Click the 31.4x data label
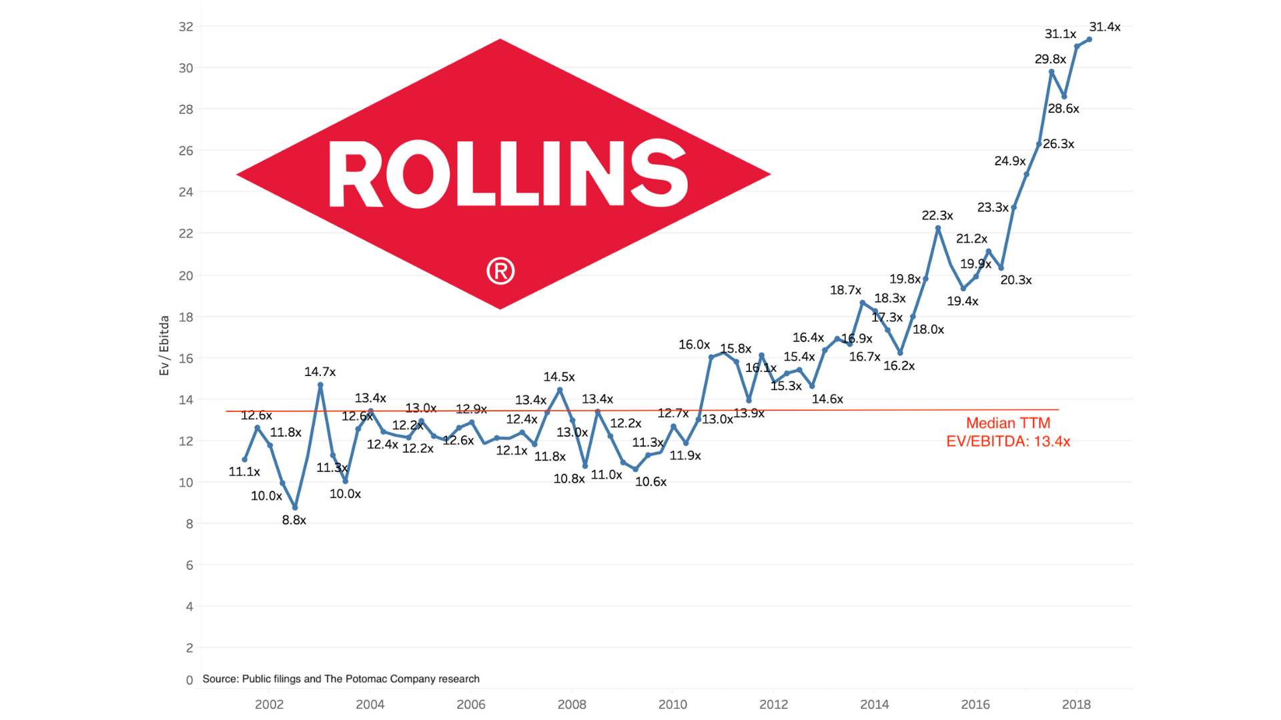1104,27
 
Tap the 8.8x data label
294,520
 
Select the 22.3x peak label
937,215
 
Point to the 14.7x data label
320,372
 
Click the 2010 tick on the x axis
673,704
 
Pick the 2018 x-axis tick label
1076,704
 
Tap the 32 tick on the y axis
185,27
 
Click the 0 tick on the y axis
189,680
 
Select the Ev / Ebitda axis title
164,345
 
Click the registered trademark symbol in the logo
500,271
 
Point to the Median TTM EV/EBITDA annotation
1007,432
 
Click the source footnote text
341,679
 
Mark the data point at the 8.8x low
295,507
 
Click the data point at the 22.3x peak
937,228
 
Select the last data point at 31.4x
1089,39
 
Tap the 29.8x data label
1049,59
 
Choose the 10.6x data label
651,481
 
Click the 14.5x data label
558,377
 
